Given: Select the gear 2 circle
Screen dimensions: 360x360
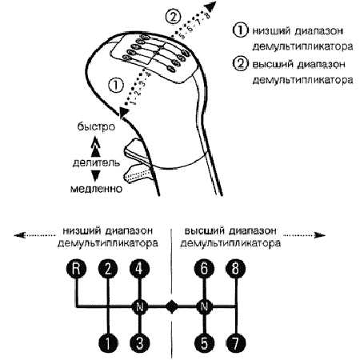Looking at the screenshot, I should [106, 270].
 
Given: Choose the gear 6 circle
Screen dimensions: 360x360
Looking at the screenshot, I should [203, 270].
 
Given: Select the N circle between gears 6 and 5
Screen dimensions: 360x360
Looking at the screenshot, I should [203, 306].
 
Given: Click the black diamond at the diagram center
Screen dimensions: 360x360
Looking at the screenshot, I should [170, 306].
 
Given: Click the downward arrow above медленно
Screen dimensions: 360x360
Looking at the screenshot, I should [95, 175].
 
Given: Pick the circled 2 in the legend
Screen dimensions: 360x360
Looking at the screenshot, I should [238, 64].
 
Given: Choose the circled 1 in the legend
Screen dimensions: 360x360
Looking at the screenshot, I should [238, 30].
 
